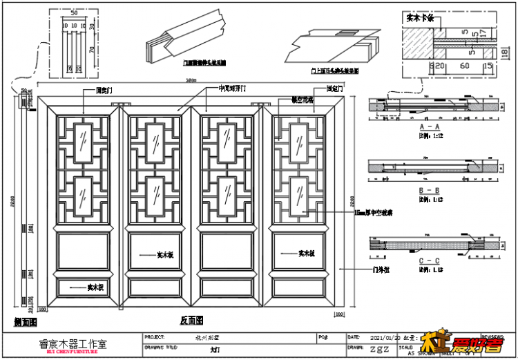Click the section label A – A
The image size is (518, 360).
429,128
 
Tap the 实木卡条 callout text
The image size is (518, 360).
419,19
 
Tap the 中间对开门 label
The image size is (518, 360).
232,89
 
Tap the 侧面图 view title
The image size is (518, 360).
25,322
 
